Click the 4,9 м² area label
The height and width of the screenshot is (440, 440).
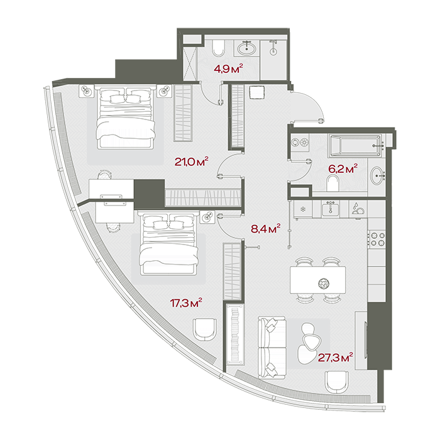point(228,68)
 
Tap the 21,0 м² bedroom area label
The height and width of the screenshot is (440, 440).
point(191,162)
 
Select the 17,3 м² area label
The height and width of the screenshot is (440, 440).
point(186,303)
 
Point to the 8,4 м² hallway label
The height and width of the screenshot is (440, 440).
point(266,228)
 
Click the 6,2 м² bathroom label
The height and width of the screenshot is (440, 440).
point(343,168)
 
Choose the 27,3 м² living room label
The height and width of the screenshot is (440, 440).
point(335,358)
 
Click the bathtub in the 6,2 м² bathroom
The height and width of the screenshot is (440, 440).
point(356,146)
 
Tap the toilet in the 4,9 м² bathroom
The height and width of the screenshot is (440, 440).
point(218,48)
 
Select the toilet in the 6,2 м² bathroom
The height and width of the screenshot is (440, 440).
point(333,184)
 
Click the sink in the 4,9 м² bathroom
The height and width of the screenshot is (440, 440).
point(246,48)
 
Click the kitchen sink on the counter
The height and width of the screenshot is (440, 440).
point(330,208)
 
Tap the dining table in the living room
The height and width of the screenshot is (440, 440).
point(317,280)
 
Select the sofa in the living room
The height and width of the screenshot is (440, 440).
point(272,347)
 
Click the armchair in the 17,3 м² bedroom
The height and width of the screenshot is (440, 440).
point(204,329)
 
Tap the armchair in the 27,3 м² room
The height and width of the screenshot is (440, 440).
point(336,382)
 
